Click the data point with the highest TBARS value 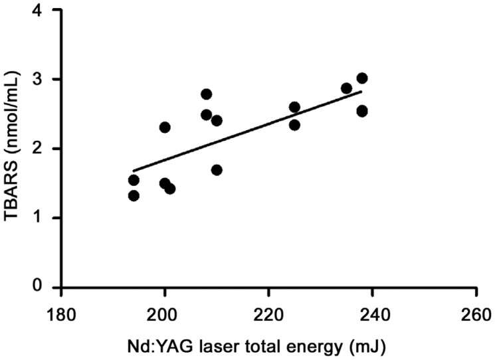[x=362, y=78]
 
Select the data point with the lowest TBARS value [x=134, y=195]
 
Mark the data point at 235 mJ [x=346, y=88]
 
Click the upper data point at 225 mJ [x=294, y=107]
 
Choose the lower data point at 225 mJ [x=294, y=125]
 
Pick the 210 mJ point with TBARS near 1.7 [x=217, y=170]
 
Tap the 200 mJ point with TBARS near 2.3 [x=165, y=128]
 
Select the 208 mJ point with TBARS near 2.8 [x=206, y=94]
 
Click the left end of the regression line [x=134, y=171]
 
